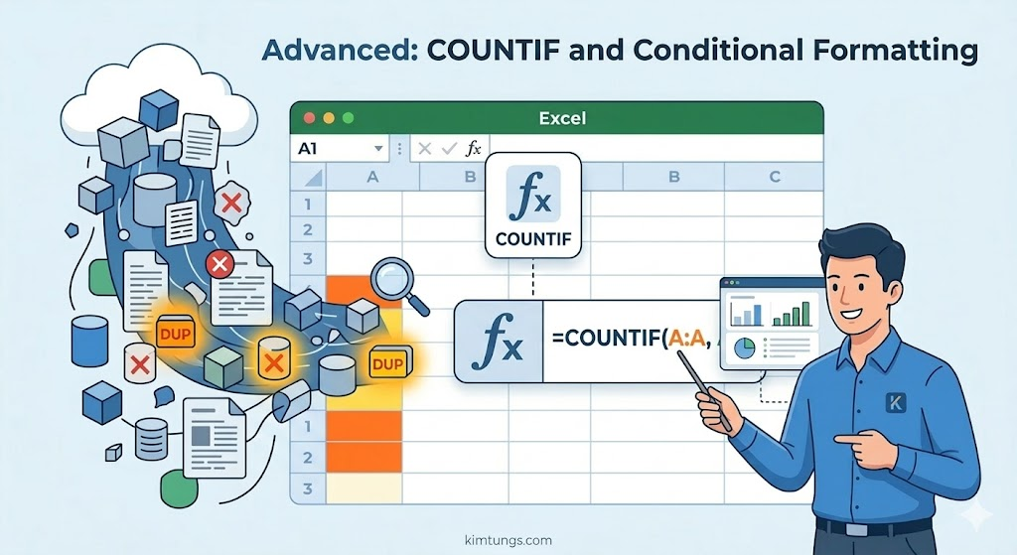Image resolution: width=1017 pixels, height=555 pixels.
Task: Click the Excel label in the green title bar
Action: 562,118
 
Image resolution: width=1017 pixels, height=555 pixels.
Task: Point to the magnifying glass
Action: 394,280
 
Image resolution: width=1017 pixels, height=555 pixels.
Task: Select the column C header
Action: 774,178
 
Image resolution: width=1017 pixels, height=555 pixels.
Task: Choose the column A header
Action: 373,178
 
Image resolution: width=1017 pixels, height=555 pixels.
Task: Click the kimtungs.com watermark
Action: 508,540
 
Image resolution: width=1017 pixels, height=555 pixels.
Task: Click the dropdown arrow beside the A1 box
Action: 377,149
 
